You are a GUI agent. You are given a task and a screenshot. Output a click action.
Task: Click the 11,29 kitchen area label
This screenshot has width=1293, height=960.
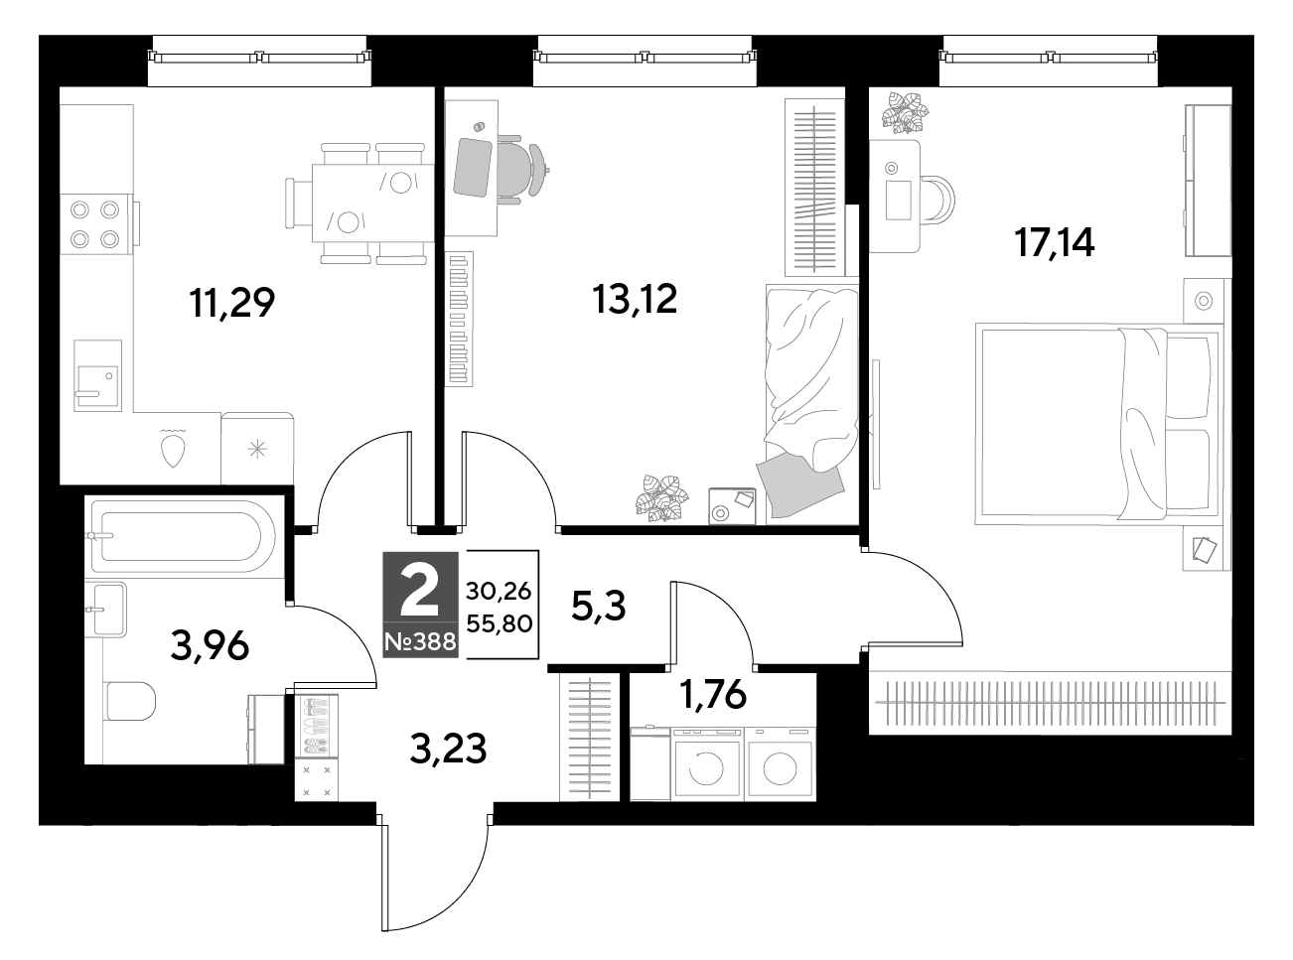coord(231,303)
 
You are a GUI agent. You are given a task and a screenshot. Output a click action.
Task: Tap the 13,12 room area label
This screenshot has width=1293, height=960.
coord(635,299)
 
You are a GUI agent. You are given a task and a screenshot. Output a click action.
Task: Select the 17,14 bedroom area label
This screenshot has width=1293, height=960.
coord(1055,242)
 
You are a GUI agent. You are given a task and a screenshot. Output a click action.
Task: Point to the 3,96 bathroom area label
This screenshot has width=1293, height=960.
coord(210,646)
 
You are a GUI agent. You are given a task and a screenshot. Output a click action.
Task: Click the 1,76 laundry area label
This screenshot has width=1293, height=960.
coord(714,694)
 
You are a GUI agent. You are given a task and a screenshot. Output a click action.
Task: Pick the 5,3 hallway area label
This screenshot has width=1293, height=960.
coord(598,607)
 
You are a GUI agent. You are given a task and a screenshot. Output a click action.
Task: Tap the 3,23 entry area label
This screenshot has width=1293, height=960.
coord(448,749)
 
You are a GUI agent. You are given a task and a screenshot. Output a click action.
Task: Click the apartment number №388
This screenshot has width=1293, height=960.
coord(420,642)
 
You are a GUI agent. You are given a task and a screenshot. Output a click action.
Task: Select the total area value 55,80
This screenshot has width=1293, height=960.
coord(499,624)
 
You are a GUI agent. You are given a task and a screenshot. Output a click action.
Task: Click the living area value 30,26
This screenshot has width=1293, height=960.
coord(499,592)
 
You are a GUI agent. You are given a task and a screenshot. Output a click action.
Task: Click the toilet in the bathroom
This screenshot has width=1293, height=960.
coord(129,701)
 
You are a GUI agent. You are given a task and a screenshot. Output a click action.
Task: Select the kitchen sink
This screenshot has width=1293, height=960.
coord(97,376)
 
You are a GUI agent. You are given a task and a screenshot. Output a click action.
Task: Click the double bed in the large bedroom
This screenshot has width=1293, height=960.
coord(1098,424)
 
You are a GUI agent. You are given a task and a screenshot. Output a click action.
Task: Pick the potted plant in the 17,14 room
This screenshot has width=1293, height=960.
coord(904,113)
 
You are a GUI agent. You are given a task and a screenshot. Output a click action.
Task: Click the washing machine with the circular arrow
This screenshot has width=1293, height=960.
coord(706,764)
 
